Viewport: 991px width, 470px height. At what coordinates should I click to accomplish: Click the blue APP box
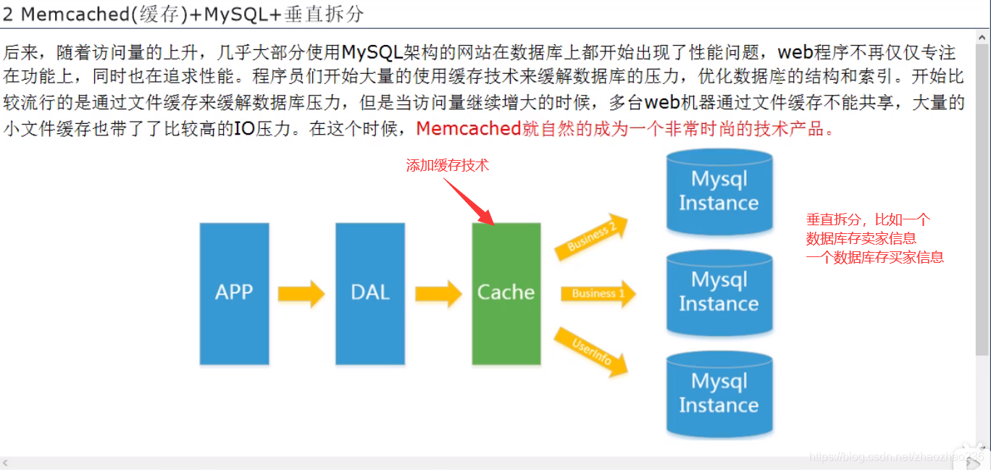tap(234, 293)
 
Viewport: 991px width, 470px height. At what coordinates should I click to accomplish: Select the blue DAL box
tap(370, 293)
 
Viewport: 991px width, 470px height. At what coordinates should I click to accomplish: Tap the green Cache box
tap(506, 293)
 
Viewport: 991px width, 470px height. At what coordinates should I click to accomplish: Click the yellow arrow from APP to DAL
tap(301, 293)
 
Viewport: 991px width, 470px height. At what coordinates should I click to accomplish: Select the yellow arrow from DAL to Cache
tap(438, 293)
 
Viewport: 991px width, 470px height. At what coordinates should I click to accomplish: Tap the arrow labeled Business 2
tap(591, 237)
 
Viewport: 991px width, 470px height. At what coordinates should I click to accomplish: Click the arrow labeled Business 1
tap(598, 293)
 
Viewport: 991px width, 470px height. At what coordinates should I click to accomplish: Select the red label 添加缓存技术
tap(447, 165)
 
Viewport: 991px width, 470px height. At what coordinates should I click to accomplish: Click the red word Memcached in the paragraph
tap(469, 129)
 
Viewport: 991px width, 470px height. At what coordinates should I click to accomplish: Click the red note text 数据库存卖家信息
tap(861, 238)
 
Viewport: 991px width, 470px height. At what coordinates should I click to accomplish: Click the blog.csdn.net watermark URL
tap(895, 457)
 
